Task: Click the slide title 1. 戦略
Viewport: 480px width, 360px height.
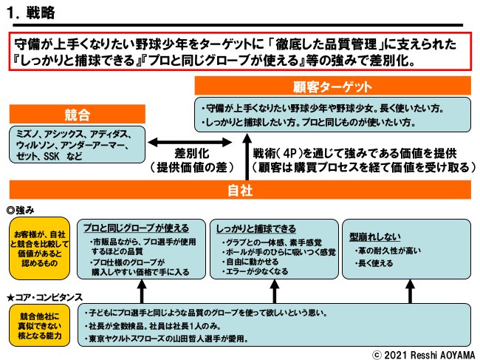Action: coord(32,13)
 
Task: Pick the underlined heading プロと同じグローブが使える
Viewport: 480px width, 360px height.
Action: coord(136,228)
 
